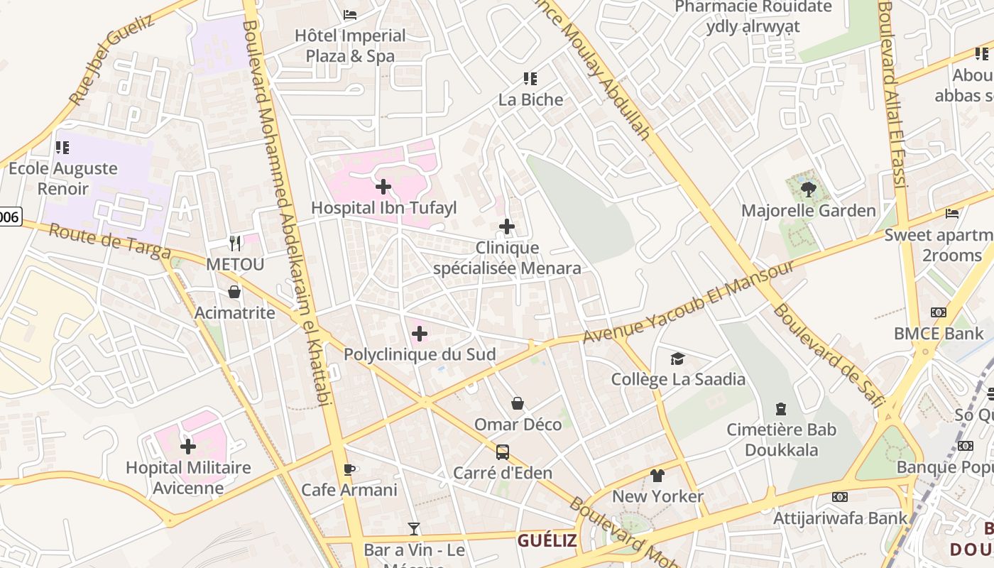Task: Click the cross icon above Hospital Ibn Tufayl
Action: [383, 187]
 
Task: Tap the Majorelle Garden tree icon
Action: [808, 189]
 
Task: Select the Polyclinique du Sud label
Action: [420, 354]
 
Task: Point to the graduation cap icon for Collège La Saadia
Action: [677, 359]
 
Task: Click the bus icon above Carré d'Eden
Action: [502, 452]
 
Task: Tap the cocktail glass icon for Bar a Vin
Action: [414, 528]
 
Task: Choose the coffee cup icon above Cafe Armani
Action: [349, 469]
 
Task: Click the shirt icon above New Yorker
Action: [657, 475]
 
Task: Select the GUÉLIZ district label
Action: [547, 540]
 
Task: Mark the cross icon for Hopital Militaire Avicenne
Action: [188, 447]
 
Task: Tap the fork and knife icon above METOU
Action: [235, 244]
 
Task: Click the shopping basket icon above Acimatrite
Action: [234, 292]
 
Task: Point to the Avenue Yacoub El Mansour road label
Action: [688, 302]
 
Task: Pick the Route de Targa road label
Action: [110, 241]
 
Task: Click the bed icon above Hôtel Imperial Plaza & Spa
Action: [350, 14]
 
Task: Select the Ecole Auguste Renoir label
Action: [63, 178]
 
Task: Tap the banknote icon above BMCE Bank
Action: [939, 312]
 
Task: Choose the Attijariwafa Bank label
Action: [840, 518]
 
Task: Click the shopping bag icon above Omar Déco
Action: [518, 403]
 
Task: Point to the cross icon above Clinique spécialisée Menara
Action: [506, 226]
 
